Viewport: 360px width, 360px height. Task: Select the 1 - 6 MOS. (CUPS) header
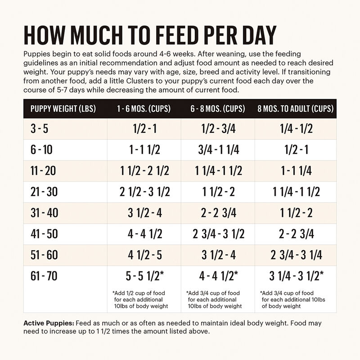(144, 109)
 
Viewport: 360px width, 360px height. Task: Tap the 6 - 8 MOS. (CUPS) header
(218, 109)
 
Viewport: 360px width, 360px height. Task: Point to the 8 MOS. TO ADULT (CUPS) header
(296, 109)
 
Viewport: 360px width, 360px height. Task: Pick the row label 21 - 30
(44, 192)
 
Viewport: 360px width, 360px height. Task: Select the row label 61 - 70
(44, 276)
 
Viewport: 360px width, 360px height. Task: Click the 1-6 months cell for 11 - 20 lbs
(144, 171)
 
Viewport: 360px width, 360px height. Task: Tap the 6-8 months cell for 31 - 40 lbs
(218, 213)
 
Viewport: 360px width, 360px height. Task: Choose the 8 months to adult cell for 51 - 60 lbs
(296, 255)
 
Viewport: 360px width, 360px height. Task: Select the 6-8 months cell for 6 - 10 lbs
(218, 150)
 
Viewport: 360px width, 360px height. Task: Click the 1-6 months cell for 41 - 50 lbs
(144, 234)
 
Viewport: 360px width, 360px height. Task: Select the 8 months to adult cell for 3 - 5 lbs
(296, 130)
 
